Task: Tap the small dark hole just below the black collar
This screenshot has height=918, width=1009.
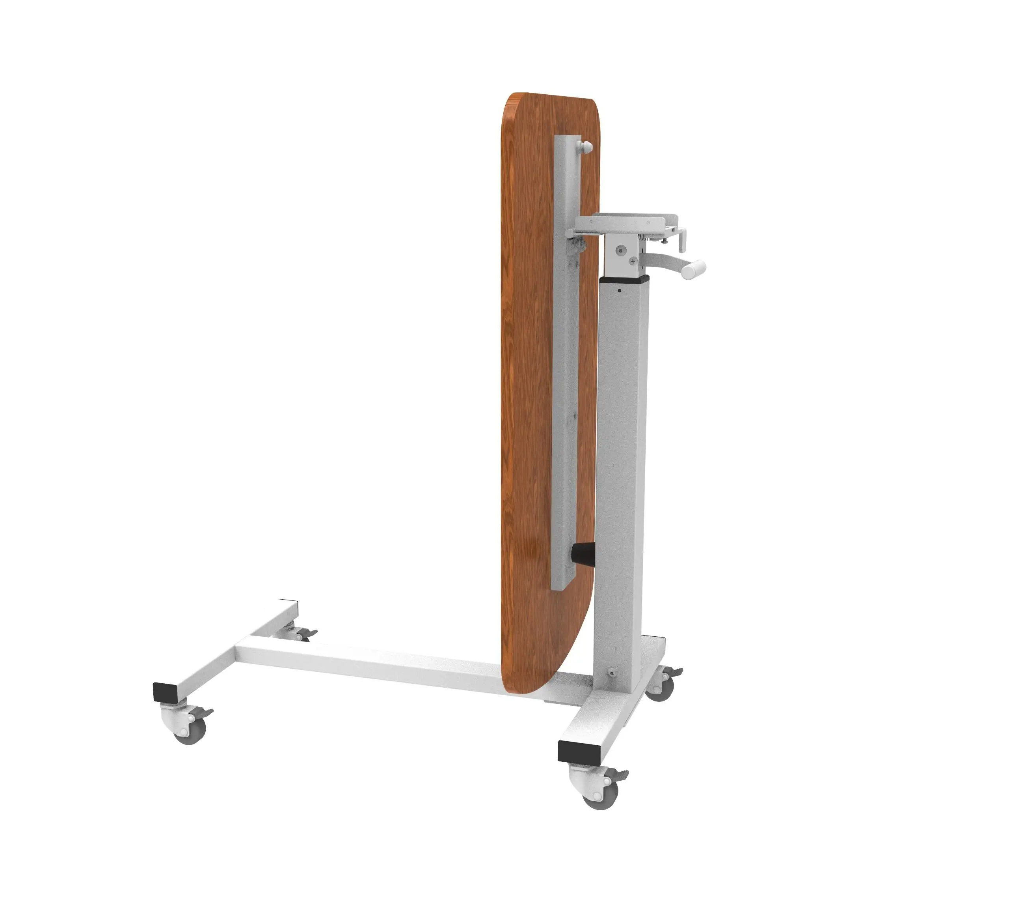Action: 620,290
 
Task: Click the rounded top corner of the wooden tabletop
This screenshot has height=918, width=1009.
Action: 516,103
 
